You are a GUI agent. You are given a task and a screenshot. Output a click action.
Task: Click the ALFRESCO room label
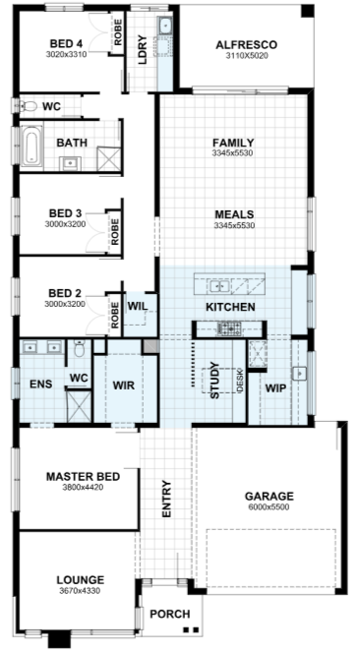[246, 44]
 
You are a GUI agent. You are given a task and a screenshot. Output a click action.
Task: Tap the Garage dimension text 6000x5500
[270, 507]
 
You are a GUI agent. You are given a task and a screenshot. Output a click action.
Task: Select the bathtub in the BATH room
[32, 147]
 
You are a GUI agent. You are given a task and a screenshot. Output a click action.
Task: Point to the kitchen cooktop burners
[228, 328]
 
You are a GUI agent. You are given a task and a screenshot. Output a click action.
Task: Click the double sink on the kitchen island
[218, 286]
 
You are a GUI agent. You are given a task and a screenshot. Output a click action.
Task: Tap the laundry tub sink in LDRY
[165, 26]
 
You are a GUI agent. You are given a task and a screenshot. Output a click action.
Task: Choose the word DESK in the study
[240, 381]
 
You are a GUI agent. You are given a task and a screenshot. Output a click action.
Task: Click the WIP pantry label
[275, 388]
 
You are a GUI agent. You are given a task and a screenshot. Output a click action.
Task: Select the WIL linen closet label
[138, 306]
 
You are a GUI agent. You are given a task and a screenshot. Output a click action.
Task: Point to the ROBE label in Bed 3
[115, 231]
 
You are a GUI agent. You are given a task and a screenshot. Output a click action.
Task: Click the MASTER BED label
[83, 476]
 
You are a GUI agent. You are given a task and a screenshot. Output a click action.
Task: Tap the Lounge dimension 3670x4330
[79, 591]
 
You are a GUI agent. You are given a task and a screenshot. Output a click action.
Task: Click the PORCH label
[170, 614]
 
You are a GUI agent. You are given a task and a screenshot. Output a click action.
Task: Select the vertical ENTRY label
[166, 499]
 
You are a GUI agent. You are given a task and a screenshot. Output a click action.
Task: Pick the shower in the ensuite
[79, 406]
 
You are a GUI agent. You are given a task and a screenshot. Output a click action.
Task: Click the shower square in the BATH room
[108, 159]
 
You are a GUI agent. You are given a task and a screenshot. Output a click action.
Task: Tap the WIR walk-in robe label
[124, 385]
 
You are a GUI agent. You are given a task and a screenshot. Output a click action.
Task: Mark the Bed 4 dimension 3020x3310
[66, 54]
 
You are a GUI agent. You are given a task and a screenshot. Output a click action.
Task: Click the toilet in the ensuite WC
[79, 348]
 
